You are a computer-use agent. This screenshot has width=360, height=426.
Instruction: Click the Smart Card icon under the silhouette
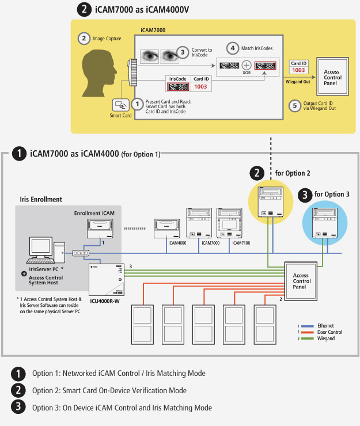pyautogui.click(x=121, y=105)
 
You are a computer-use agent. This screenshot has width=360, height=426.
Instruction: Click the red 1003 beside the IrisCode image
pyautogui.click(x=200, y=86)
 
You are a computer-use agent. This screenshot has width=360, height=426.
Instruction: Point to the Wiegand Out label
pyautogui.click(x=298, y=82)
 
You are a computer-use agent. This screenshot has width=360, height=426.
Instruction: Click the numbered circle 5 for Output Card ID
pyautogui.click(x=294, y=105)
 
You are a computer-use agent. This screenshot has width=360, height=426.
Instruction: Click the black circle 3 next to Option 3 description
pyautogui.click(x=18, y=407)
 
